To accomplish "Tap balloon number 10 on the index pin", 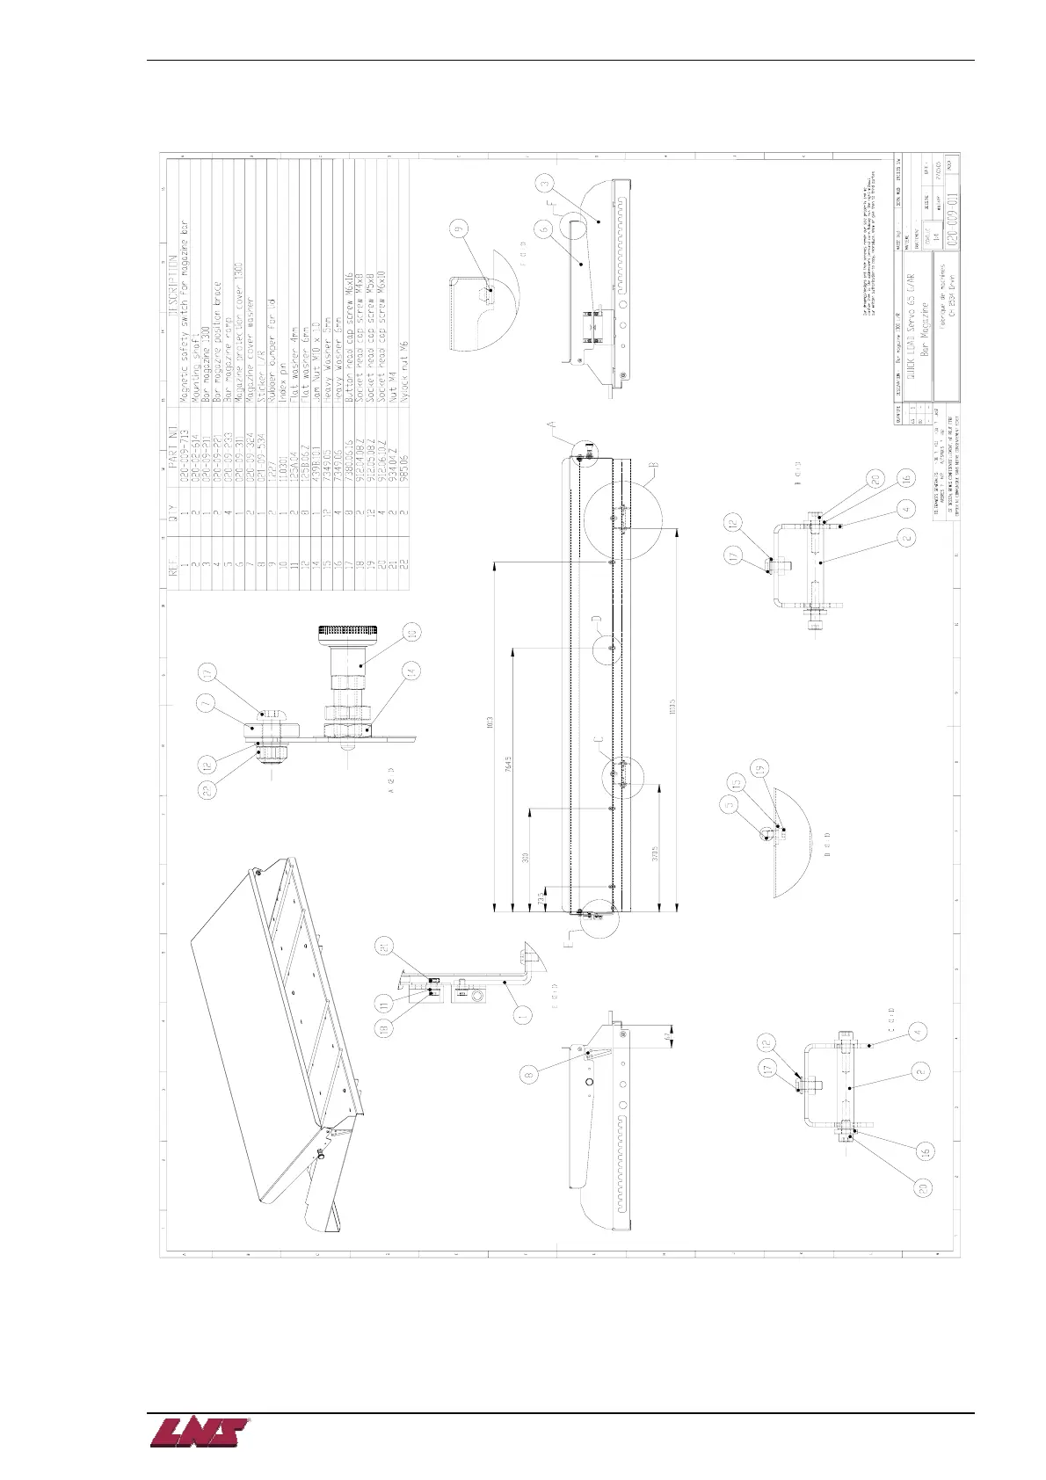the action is point(410,633).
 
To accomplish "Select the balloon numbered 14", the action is point(410,671).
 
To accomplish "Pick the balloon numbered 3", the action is point(547,184).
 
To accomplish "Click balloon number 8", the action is point(528,1074).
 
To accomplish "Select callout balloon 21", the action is point(384,946).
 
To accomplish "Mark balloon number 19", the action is point(760,767).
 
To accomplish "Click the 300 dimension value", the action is point(527,858).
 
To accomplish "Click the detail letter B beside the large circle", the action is point(654,465).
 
